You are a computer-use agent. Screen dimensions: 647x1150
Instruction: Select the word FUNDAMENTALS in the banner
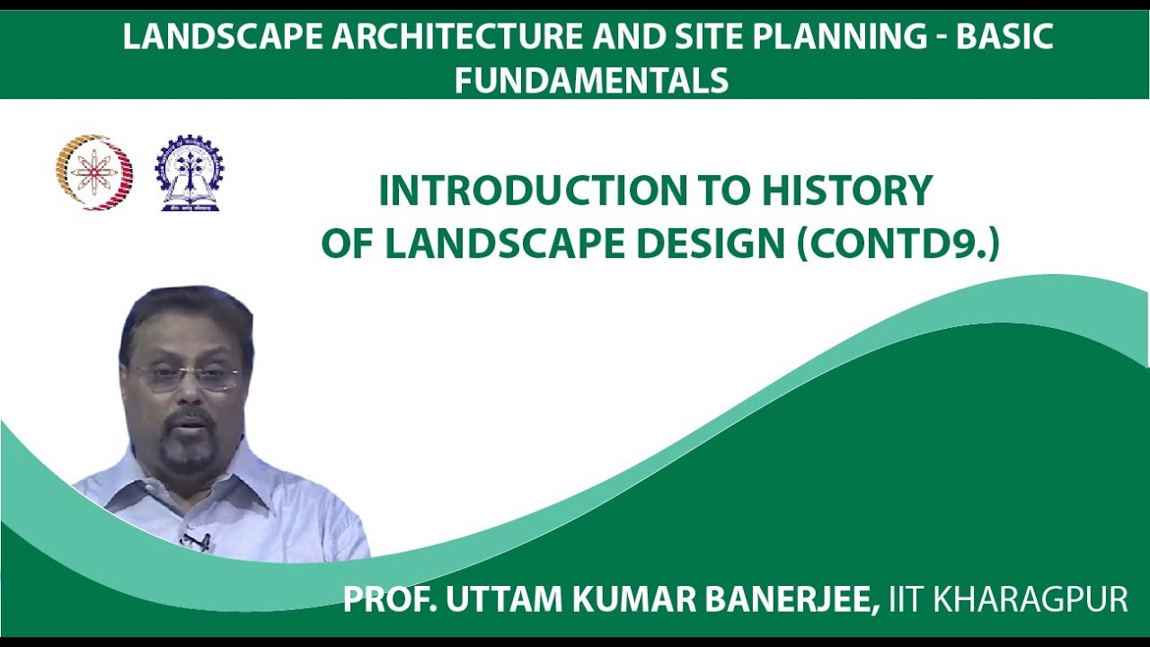click(x=590, y=81)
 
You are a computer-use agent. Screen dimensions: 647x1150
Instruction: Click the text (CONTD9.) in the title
click(x=898, y=244)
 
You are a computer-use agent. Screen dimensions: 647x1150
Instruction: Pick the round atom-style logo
click(x=94, y=172)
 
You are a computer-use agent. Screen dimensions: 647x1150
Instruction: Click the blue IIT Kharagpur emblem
click(x=189, y=173)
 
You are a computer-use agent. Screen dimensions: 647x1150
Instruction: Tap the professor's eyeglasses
click(x=187, y=376)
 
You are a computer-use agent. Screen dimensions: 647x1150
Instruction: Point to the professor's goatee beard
click(x=188, y=449)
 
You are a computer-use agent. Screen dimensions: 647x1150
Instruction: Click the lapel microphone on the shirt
click(x=195, y=541)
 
